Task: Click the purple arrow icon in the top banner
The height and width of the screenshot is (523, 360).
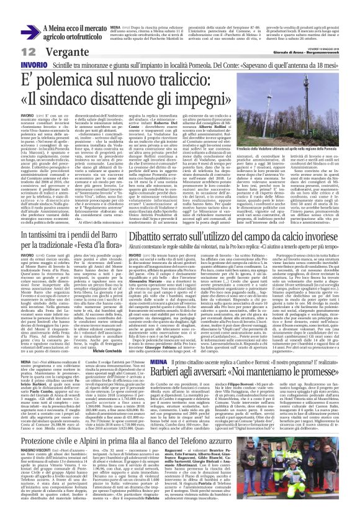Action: [x=38, y=31]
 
